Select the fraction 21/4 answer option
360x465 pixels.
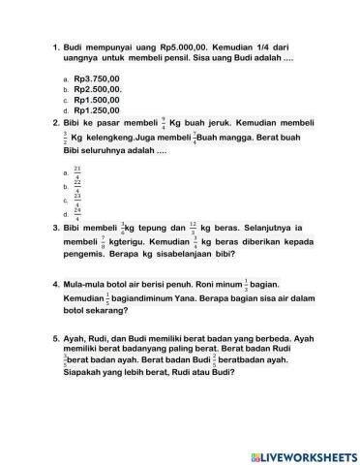[77, 171]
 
